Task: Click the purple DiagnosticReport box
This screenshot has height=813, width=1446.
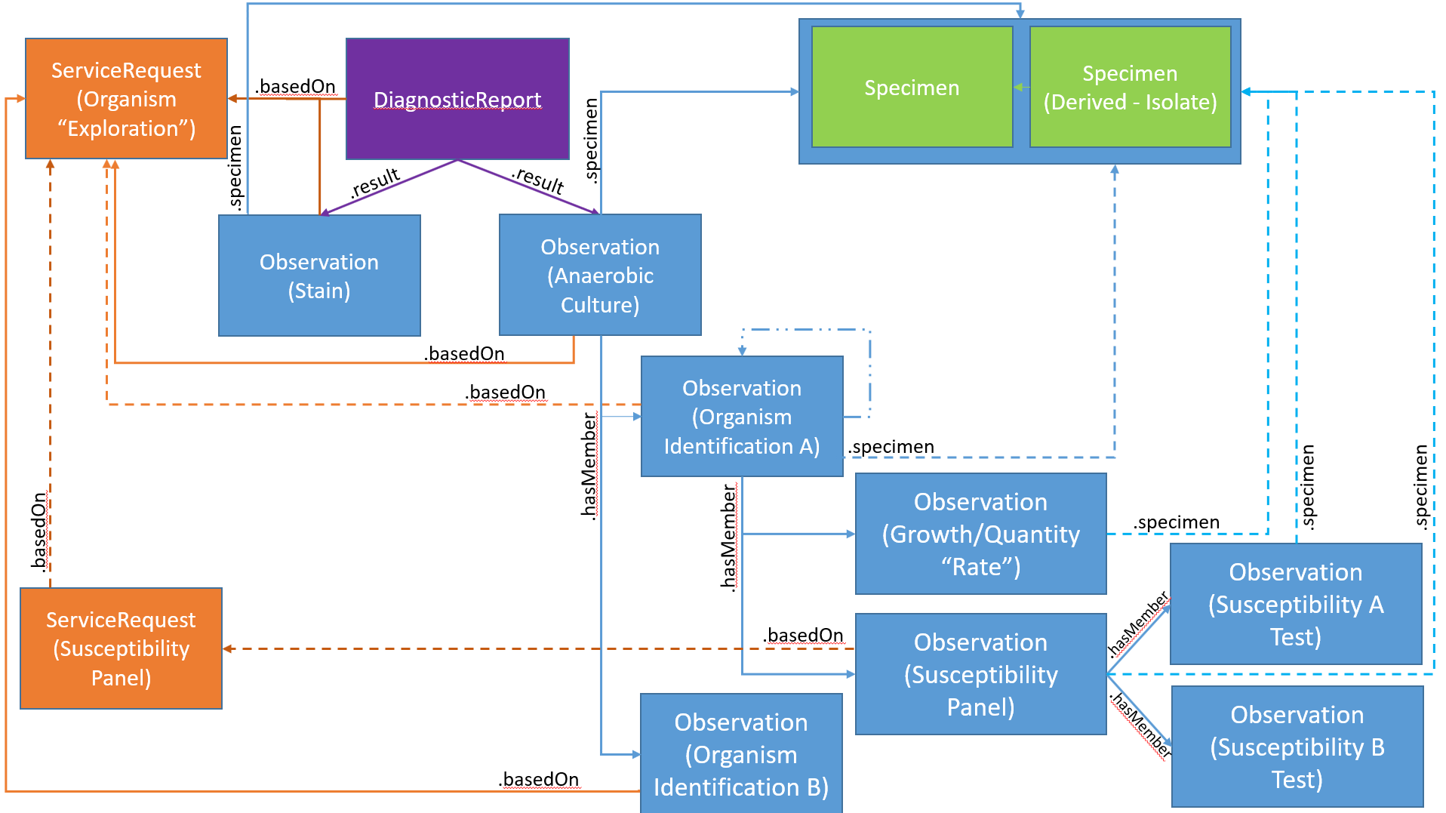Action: [x=457, y=99]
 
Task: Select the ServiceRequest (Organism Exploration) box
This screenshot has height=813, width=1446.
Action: [x=126, y=99]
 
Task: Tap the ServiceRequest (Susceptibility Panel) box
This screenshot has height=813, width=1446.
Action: [x=121, y=648]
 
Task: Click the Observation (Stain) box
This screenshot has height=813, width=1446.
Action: [x=319, y=276]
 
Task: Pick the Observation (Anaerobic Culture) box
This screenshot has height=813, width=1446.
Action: [x=600, y=276]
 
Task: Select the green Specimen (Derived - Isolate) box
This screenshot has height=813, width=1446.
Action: [x=1130, y=88]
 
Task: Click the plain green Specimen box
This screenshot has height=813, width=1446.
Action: [x=912, y=88]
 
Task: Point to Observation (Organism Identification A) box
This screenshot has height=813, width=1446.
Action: [x=742, y=417]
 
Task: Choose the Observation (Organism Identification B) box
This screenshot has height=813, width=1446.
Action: [x=741, y=754]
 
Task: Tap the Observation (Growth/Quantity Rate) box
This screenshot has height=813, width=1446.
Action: [x=980, y=534]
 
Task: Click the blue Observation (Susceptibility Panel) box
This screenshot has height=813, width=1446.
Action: [x=980, y=674]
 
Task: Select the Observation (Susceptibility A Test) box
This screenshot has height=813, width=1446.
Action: [x=1296, y=604]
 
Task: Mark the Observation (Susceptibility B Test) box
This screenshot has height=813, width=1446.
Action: [x=1297, y=747]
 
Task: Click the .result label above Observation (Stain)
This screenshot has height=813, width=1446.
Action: [x=375, y=183]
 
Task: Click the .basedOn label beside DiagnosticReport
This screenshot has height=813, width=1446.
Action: [x=296, y=86]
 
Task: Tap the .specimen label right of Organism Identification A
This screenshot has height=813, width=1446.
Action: [x=891, y=447]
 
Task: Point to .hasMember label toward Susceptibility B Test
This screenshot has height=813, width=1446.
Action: [x=1140, y=725]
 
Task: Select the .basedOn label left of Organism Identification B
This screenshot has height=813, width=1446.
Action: [x=540, y=779]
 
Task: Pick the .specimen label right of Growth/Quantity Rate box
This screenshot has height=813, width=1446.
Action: [x=1177, y=522]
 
